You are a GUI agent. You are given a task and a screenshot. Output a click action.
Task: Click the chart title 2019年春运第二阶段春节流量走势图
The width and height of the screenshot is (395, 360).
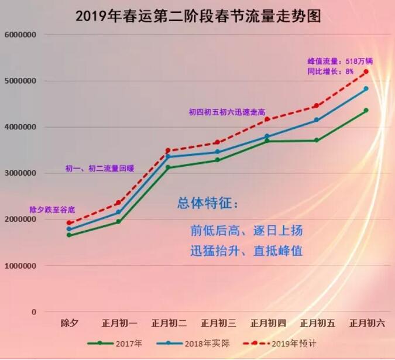tap(198, 15)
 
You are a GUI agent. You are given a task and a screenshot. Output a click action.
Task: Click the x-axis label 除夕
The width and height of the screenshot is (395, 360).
tap(70, 323)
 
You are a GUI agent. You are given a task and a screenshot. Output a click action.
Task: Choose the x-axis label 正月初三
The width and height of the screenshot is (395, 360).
tap(218, 323)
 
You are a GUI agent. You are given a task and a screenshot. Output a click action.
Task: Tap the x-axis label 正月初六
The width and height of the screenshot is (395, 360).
tap(367, 323)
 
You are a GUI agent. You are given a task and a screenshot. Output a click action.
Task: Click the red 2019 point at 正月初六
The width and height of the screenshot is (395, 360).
tap(366, 71)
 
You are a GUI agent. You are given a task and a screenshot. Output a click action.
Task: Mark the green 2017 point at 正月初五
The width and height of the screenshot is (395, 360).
tap(317, 140)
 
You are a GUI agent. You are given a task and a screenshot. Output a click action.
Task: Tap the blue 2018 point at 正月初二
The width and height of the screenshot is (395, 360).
tap(168, 156)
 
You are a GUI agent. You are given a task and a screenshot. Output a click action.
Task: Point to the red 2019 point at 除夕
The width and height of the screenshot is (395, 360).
tap(69, 223)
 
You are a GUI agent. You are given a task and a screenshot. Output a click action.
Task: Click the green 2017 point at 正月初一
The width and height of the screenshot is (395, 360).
tap(118, 221)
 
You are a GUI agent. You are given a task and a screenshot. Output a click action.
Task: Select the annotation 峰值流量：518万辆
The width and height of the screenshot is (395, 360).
tap(340, 61)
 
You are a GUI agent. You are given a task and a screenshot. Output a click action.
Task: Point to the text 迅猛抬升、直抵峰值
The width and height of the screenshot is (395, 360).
tap(246, 251)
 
